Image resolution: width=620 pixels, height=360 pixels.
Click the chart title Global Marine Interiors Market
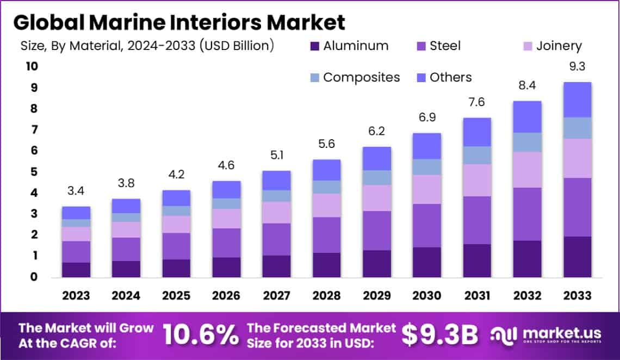pyautogui.click(x=179, y=22)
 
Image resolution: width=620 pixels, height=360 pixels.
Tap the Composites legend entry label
pyautogui.click(x=361, y=77)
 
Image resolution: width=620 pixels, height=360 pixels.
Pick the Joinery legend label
pyautogui.click(x=559, y=46)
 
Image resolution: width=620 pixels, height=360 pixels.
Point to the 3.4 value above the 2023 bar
pyautogui.click(x=76, y=191)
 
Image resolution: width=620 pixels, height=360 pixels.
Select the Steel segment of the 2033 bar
pyautogui.click(x=577, y=207)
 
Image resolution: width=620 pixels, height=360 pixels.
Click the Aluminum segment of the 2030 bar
pyautogui.click(x=426, y=262)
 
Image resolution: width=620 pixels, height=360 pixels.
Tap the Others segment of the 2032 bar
pyautogui.click(x=527, y=116)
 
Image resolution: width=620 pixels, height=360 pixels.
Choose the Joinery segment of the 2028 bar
pyautogui.click(x=327, y=205)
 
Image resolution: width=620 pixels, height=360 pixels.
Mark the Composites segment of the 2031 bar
pyautogui.click(x=477, y=155)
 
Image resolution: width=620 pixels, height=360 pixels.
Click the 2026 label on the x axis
pyautogui.click(x=226, y=296)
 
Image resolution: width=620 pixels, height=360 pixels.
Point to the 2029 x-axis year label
pyautogui.click(x=377, y=296)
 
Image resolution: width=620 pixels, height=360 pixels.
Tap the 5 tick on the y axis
pyautogui.click(x=33, y=172)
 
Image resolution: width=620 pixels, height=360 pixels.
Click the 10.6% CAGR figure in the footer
pyautogui.click(x=200, y=335)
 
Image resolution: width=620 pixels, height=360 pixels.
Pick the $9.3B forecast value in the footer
pyautogui.click(x=441, y=335)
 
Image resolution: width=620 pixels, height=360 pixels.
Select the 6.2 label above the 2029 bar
pyautogui.click(x=377, y=132)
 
